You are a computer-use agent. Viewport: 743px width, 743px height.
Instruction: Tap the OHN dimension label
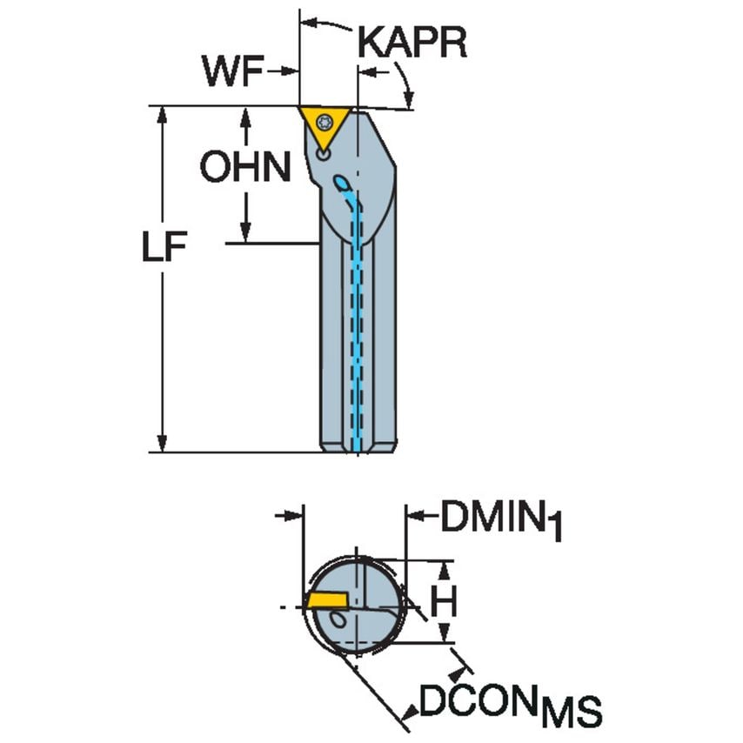244,167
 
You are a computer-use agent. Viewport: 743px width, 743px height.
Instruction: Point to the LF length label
164,249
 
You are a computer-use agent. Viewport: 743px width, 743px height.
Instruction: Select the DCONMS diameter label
509,706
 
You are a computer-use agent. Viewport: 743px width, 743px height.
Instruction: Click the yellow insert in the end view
325,600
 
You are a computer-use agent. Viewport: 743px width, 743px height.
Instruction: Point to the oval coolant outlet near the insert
342,184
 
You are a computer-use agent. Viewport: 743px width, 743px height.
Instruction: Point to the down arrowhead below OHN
246,232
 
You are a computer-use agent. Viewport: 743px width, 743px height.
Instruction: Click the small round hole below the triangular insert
323,155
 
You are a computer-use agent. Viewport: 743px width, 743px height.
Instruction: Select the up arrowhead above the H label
445,569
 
